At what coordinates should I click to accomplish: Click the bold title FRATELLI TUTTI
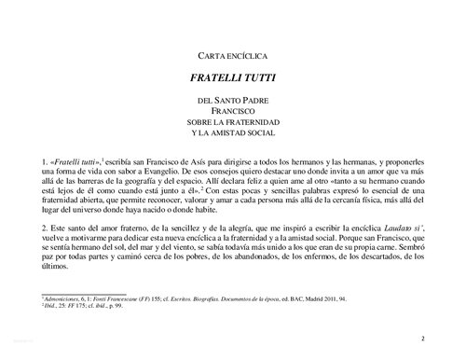coord(233,79)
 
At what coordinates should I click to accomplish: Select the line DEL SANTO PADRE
coord(233,99)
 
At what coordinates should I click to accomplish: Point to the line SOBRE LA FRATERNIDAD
coord(233,121)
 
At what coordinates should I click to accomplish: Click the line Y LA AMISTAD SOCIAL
coord(233,132)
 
